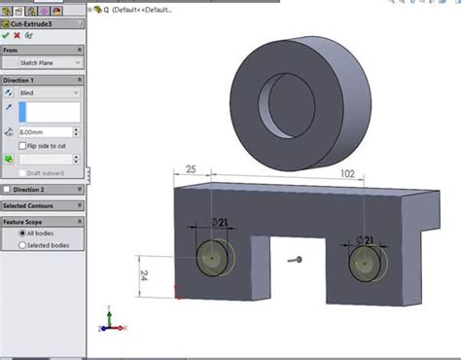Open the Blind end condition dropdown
coord(49,92)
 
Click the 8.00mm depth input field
coord(45,131)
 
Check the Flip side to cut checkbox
coord(22,144)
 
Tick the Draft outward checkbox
coord(22,172)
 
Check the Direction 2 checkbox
coord(9,190)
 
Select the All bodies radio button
coord(22,234)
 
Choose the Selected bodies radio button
coord(22,245)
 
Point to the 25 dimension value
coord(191,170)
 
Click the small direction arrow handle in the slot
coord(297,260)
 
